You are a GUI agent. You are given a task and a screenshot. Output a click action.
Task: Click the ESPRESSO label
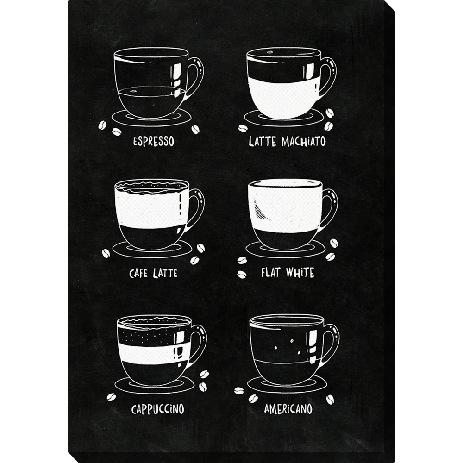point(154,141)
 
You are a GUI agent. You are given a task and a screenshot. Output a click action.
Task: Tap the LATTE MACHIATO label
point(287,141)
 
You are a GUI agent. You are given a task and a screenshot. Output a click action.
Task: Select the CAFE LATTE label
point(153,273)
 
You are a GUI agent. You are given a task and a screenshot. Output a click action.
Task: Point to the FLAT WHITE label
point(288,272)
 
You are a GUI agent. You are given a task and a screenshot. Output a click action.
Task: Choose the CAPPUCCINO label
point(158,409)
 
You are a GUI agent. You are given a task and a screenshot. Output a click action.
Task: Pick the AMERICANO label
point(288,409)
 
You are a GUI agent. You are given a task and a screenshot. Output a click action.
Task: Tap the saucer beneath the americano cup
point(287,385)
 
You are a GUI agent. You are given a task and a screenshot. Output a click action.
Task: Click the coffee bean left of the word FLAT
point(242,274)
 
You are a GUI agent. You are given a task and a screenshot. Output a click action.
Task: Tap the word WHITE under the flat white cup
point(300,272)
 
